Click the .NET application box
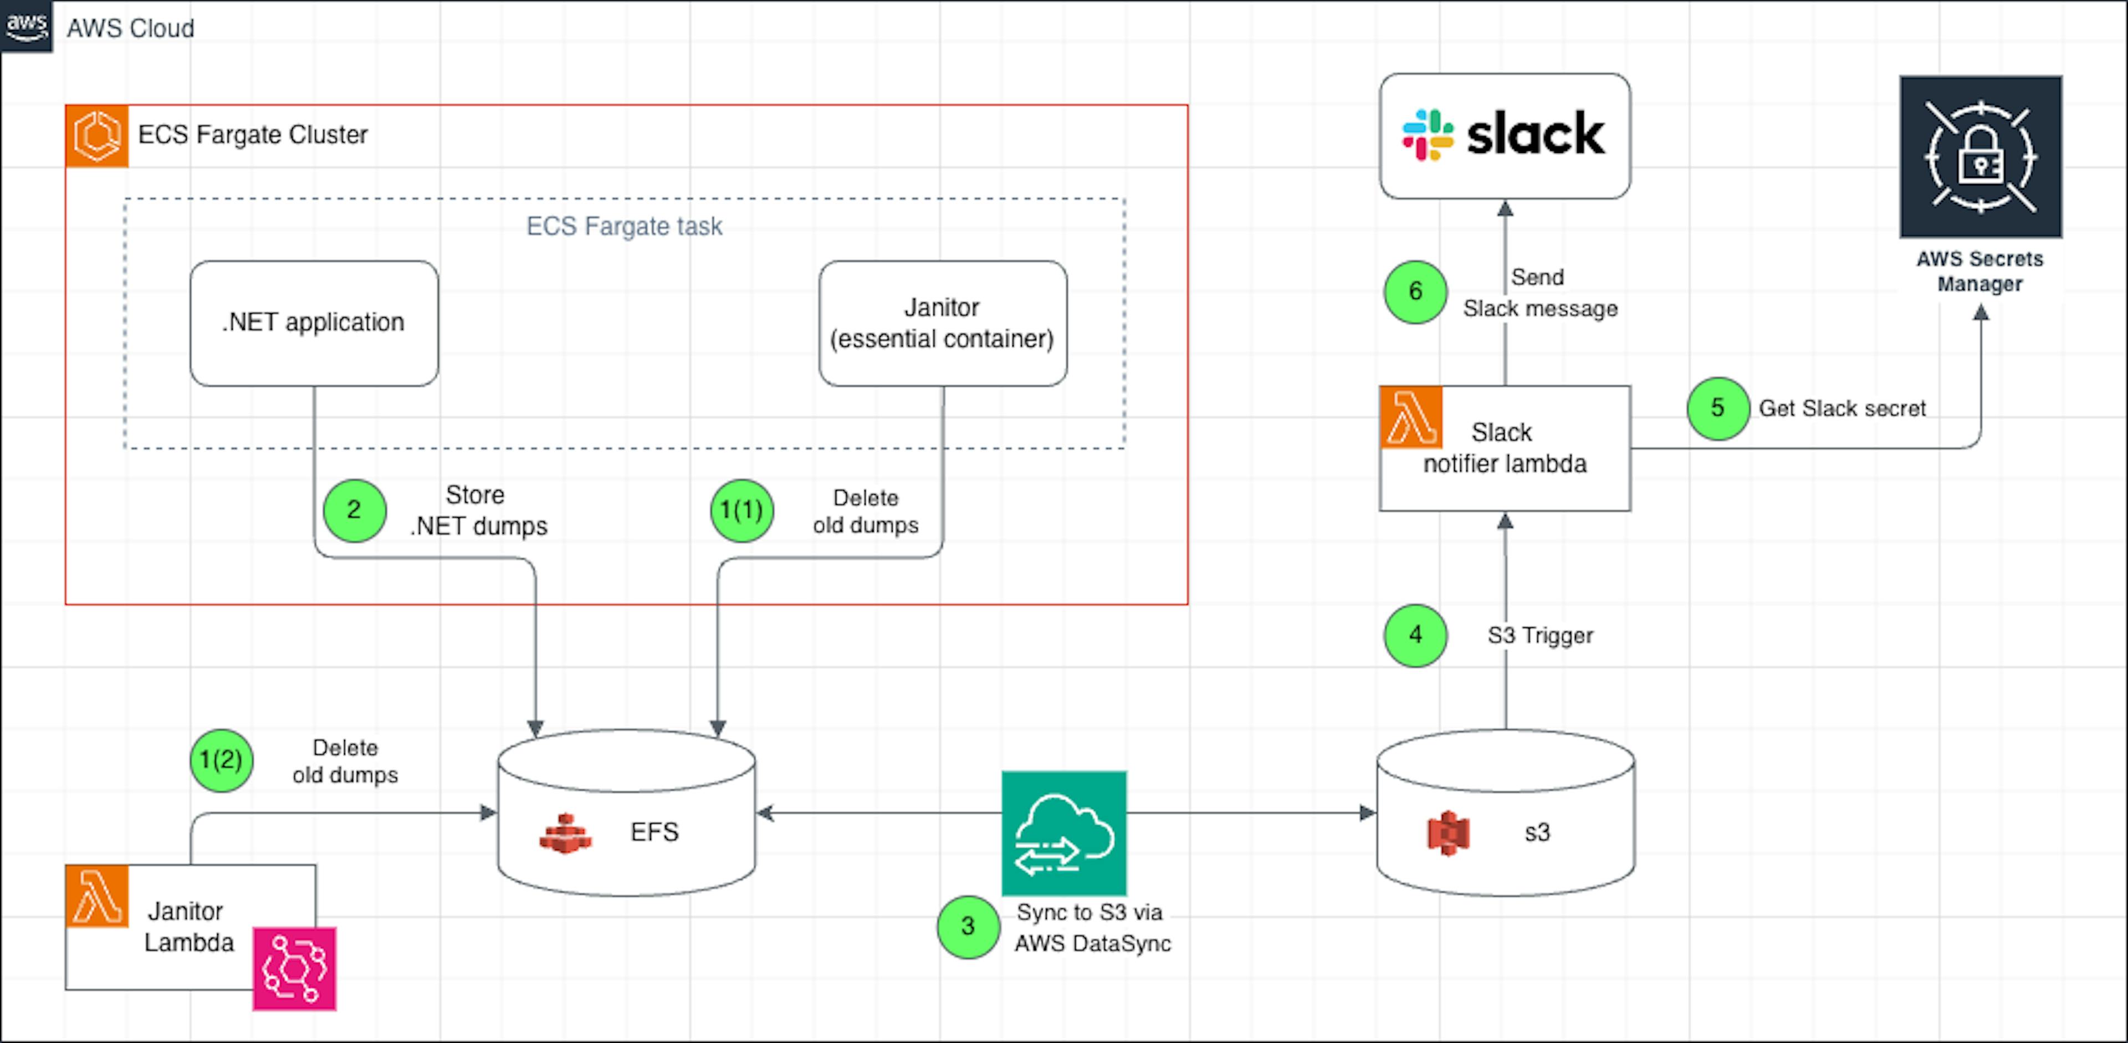pos(314,323)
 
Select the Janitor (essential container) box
pos(943,323)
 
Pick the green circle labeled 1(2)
pos(222,760)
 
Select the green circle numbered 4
pos(1415,635)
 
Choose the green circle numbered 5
pos(1717,408)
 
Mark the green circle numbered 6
pos(1415,292)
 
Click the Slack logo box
pos(1505,135)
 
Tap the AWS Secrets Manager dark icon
pos(1980,157)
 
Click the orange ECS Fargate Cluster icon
pos(96,135)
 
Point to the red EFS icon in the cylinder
pos(565,834)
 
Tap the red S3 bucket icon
pos(1447,832)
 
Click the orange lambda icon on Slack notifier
pos(1411,417)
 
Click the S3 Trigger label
pos(1540,635)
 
